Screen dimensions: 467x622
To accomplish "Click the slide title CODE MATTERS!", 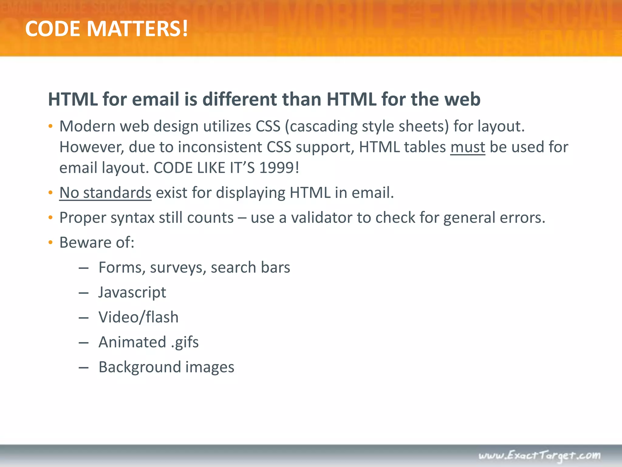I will click(x=107, y=29).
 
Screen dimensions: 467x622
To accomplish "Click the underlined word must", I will click(x=467, y=147).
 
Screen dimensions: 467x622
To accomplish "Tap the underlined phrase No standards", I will click(x=105, y=193).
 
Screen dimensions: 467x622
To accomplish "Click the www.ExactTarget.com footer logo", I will click(x=539, y=456).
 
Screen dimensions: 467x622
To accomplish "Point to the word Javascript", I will click(x=132, y=292).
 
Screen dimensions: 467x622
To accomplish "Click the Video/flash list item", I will click(x=138, y=317).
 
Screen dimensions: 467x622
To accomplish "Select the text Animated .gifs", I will click(x=149, y=342).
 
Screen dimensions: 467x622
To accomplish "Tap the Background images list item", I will click(x=166, y=367).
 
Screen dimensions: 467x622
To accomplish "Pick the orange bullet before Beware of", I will click(x=51, y=243).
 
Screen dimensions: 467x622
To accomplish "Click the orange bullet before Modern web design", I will click(x=51, y=126).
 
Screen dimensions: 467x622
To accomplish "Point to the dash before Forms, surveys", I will click(x=84, y=268).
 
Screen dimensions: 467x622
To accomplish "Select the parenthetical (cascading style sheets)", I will click(x=367, y=126).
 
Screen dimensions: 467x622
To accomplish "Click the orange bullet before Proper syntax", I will click(x=51, y=218).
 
